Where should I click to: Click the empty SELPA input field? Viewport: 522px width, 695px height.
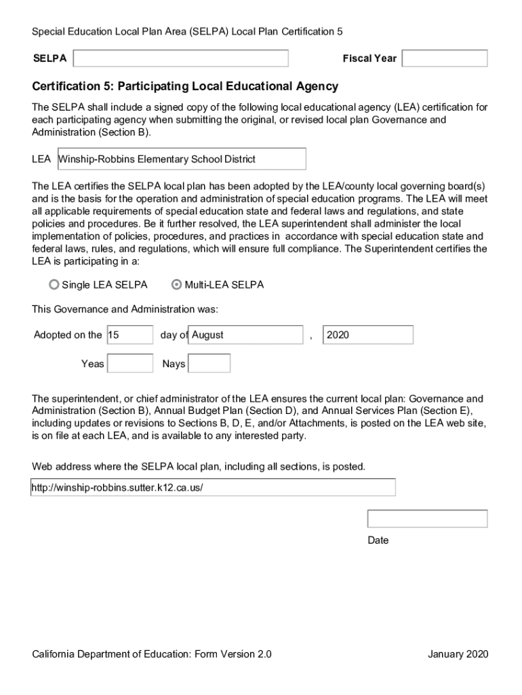(x=180, y=58)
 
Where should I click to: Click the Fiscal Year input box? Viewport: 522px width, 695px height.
(x=445, y=58)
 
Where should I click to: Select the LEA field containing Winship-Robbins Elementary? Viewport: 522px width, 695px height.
(x=182, y=159)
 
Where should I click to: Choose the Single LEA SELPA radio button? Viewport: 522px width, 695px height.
(x=54, y=285)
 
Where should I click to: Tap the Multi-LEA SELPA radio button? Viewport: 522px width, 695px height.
(x=177, y=285)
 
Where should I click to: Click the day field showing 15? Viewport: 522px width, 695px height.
(x=130, y=335)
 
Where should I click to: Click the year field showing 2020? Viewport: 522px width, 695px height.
(x=368, y=335)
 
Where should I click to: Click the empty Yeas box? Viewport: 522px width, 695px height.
(x=130, y=364)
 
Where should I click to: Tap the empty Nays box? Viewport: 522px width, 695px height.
(x=209, y=364)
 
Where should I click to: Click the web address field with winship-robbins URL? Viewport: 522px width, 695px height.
(x=213, y=488)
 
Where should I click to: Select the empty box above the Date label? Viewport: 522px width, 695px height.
(x=427, y=519)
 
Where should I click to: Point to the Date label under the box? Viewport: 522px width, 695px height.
(x=378, y=541)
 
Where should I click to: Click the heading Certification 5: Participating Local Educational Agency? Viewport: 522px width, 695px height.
(x=185, y=87)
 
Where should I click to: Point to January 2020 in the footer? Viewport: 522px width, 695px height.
(x=458, y=654)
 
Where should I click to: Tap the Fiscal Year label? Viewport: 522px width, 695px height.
(x=369, y=58)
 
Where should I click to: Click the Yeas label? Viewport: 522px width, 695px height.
(x=93, y=364)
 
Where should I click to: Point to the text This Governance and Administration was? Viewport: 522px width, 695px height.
(x=125, y=309)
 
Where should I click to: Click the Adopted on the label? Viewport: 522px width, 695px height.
(x=68, y=335)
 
